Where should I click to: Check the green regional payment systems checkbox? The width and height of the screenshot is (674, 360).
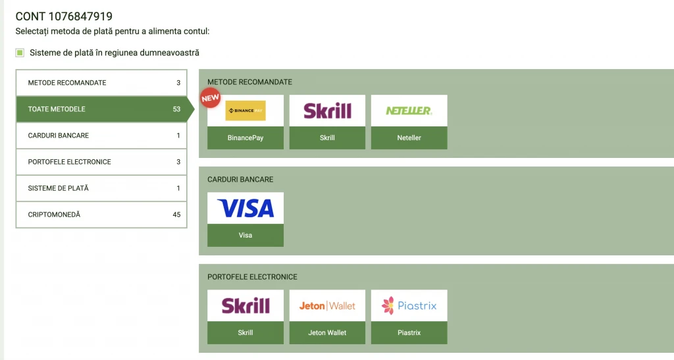(20, 53)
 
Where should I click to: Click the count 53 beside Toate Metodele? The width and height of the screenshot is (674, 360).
(176, 109)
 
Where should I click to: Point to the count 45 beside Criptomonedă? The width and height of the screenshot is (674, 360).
(176, 215)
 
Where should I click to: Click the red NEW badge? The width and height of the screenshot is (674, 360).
(210, 99)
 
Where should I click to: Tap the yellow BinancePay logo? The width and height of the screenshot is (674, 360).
(246, 111)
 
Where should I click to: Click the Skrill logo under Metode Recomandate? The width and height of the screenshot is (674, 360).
(327, 111)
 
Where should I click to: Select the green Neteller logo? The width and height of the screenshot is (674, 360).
(409, 111)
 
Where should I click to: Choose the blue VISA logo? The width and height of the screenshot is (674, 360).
(246, 208)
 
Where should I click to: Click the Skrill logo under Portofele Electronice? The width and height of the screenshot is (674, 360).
(246, 305)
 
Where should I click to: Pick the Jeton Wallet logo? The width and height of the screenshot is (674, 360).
(327, 305)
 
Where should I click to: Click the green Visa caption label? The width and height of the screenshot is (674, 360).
(246, 235)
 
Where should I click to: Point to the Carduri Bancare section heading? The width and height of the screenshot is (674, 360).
(240, 180)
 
